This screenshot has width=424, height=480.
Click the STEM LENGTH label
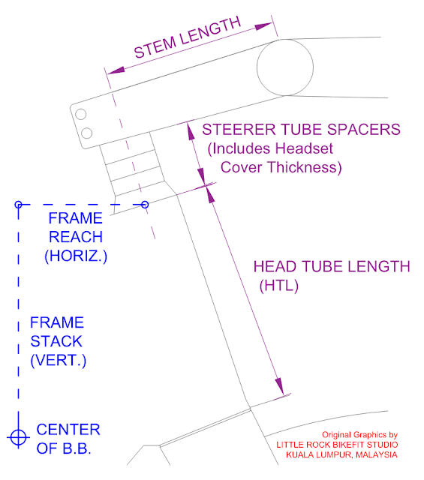[x=188, y=37]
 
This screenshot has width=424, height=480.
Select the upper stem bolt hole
[x=80, y=115]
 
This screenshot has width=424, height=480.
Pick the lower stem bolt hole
[x=87, y=133]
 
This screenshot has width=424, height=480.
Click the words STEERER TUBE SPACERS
[x=301, y=130]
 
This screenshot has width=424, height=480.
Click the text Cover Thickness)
[x=281, y=168]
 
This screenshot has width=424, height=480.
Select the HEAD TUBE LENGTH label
[x=332, y=267]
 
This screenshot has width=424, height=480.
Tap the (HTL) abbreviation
[x=278, y=286]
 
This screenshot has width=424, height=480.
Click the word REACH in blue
[x=76, y=237]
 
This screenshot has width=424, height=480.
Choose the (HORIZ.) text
[x=76, y=256]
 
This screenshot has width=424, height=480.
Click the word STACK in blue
[x=56, y=341]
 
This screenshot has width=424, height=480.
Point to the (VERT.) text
[x=59, y=360]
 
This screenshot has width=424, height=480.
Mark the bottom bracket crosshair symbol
[x=18, y=437]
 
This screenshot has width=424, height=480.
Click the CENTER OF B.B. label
[x=68, y=439]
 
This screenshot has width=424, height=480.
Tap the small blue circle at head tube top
[x=145, y=205]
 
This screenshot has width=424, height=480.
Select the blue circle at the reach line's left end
[x=18, y=205]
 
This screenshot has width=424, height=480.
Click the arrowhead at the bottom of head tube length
[x=279, y=386]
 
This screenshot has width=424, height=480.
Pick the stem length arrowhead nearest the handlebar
[x=263, y=26]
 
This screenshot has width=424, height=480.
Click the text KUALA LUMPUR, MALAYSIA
[x=341, y=455]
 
